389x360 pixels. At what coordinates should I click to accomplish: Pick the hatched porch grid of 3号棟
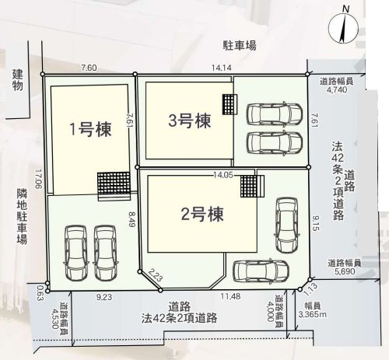229,103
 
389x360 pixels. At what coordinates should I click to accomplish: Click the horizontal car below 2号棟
258,272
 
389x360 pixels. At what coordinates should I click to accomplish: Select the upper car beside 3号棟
273,114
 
